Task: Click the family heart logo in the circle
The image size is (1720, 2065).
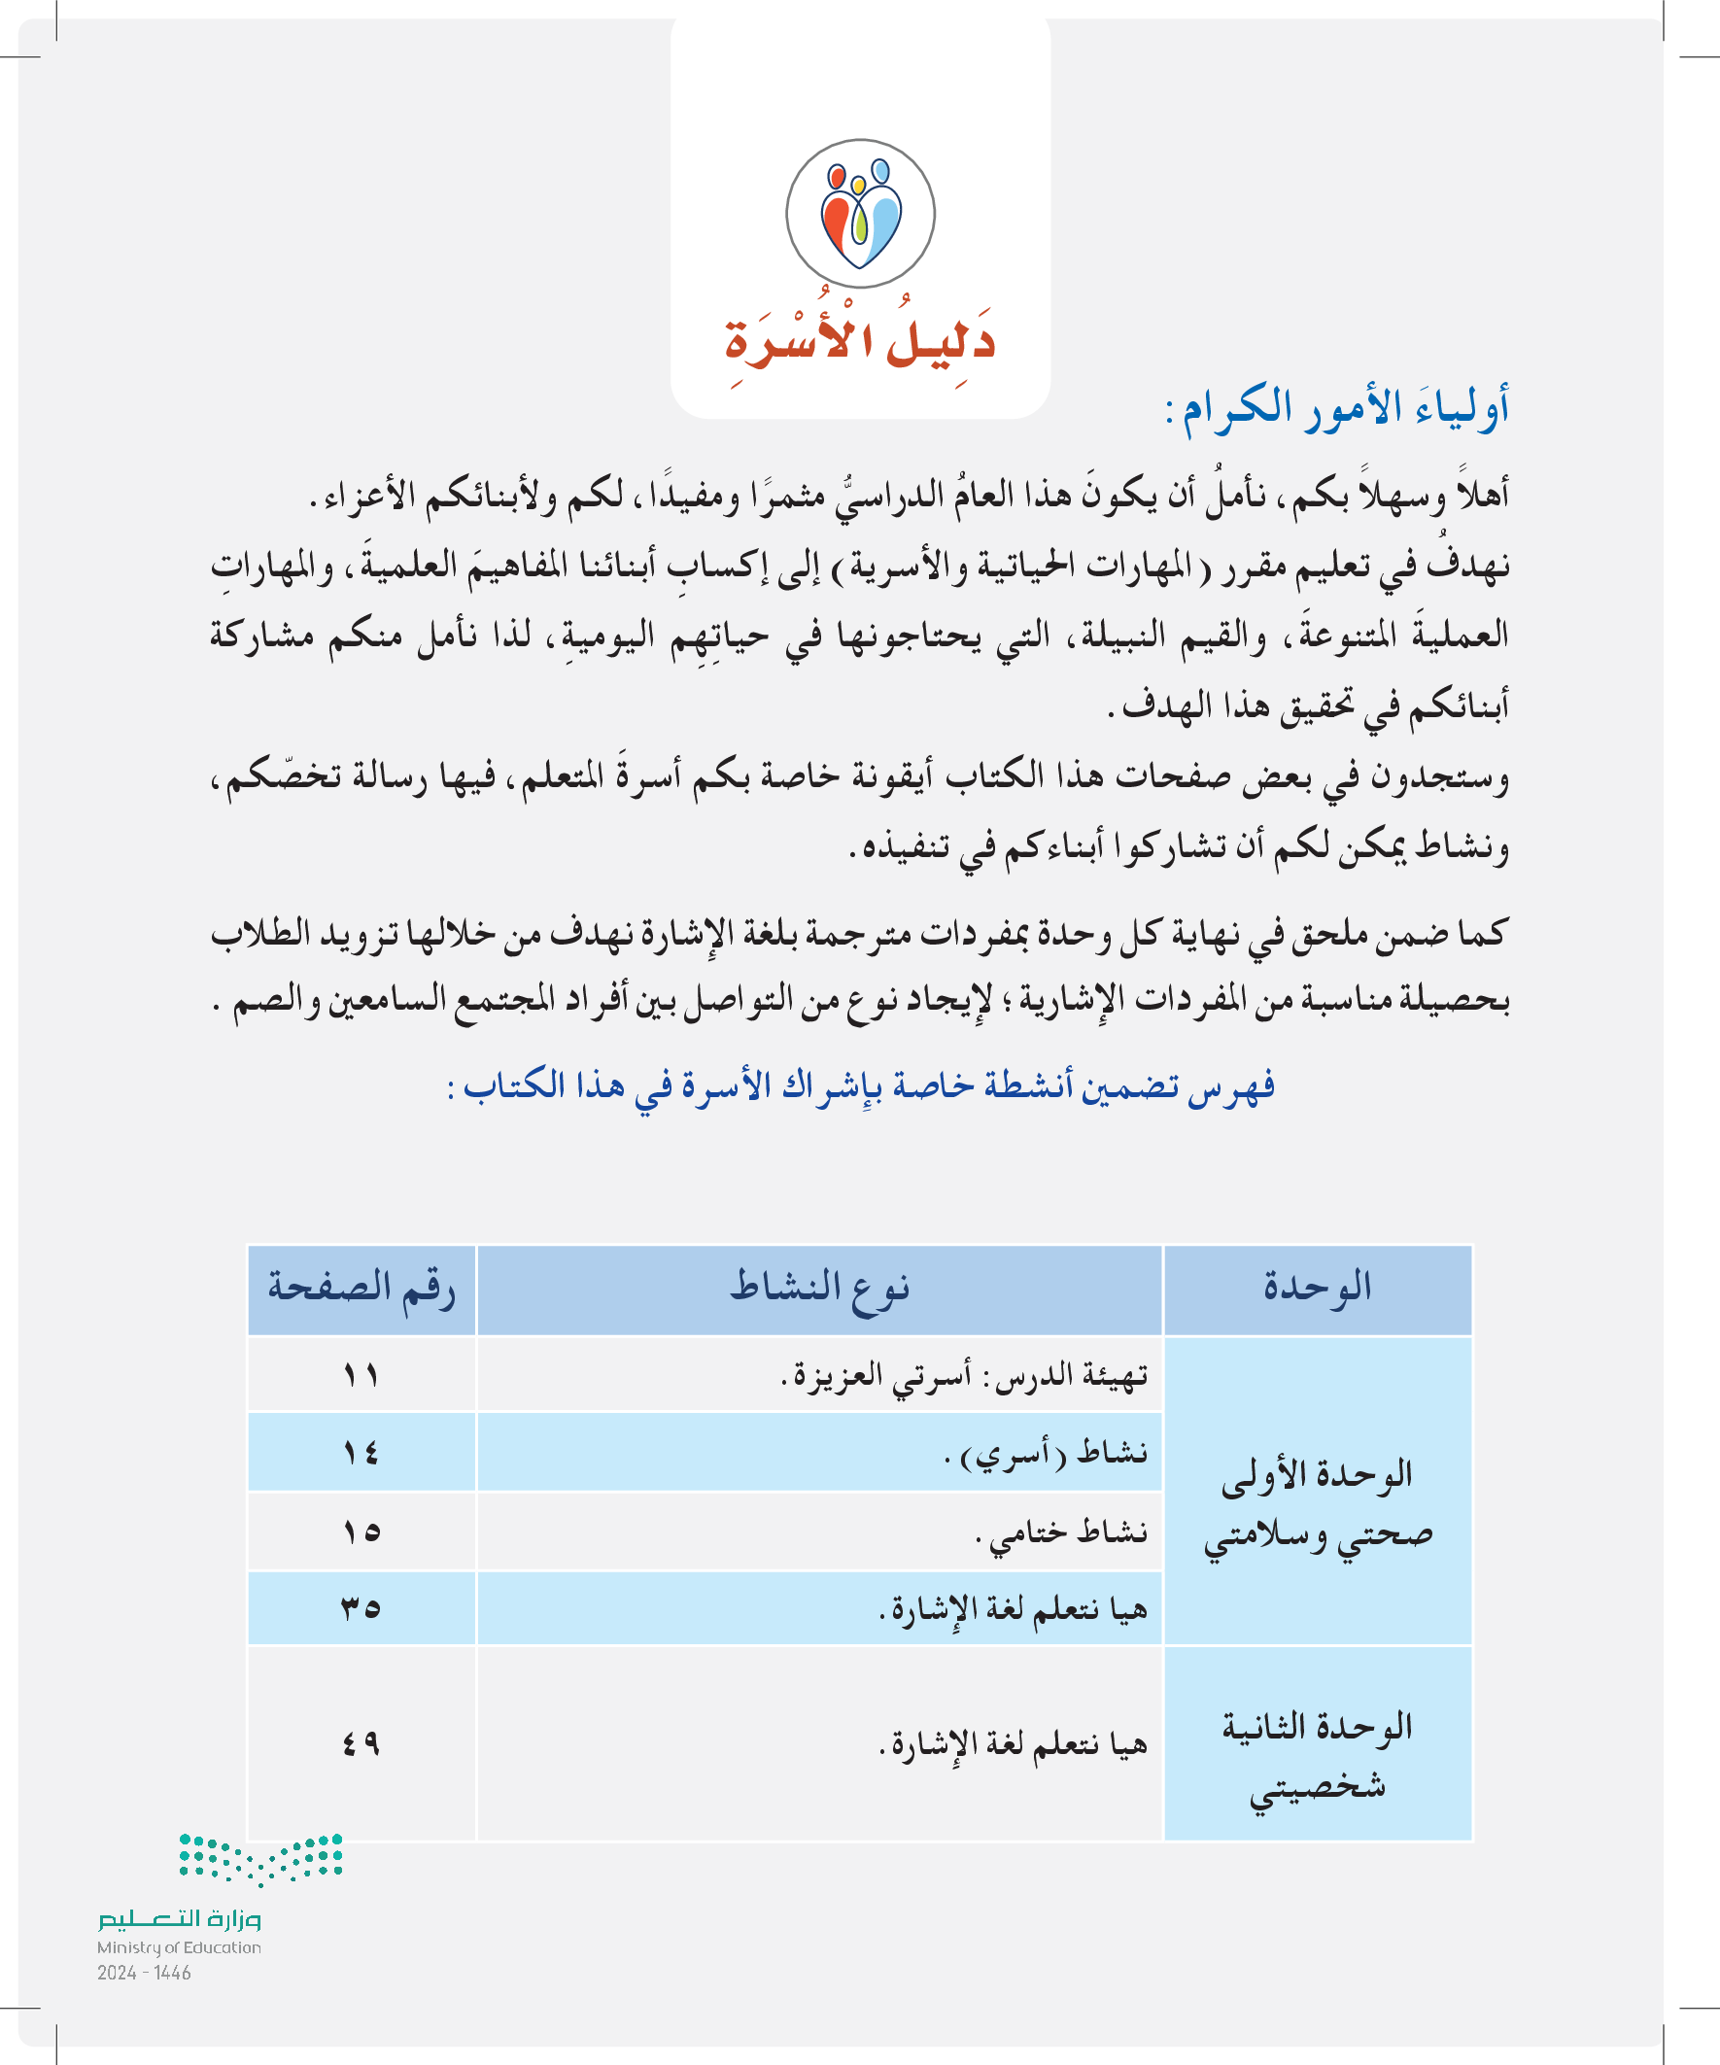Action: click(x=861, y=214)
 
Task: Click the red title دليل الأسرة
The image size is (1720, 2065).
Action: click(x=861, y=340)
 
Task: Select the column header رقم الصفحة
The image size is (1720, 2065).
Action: click(x=361, y=1289)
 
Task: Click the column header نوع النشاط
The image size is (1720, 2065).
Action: click(x=819, y=1289)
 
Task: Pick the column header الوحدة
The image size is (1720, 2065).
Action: click(x=1318, y=1289)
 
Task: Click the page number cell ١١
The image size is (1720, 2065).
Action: click(x=361, y=1374)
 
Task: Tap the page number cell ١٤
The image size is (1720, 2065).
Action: click(x=361, y=1453)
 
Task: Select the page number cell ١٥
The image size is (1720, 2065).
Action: click(x=361, y=1532)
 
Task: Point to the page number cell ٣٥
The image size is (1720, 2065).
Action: click(x=361, y=1608)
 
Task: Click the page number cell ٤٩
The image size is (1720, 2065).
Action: click(x=361, y=1743)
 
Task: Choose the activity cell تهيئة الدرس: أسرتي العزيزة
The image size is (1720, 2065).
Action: click(x=964, y=1376)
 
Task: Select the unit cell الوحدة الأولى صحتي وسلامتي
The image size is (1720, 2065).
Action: click(x=1318, y=1504)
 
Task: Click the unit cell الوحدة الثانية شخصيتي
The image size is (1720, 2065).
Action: click(x=1318, y=1756)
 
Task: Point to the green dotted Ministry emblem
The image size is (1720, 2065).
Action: click(x=260, y=1857)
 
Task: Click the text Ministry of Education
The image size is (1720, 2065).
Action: click(x=179, y=1948)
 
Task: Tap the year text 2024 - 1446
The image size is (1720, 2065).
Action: click(x=144, y=1973)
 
